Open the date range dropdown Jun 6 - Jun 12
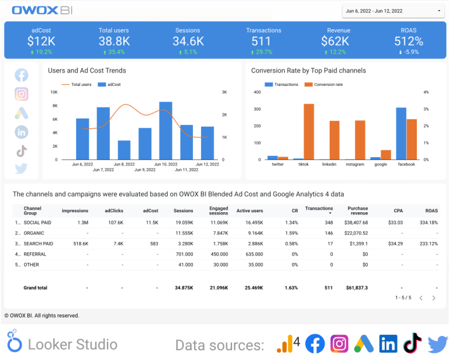392,11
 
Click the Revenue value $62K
335,41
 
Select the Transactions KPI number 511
261,41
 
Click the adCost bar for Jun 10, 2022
165,130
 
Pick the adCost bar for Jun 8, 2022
124,150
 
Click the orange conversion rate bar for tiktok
309,131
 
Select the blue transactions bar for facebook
401,133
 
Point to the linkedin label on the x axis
329,164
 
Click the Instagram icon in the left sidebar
22,94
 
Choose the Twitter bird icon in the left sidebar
22,169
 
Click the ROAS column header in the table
431,210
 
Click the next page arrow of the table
434,298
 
